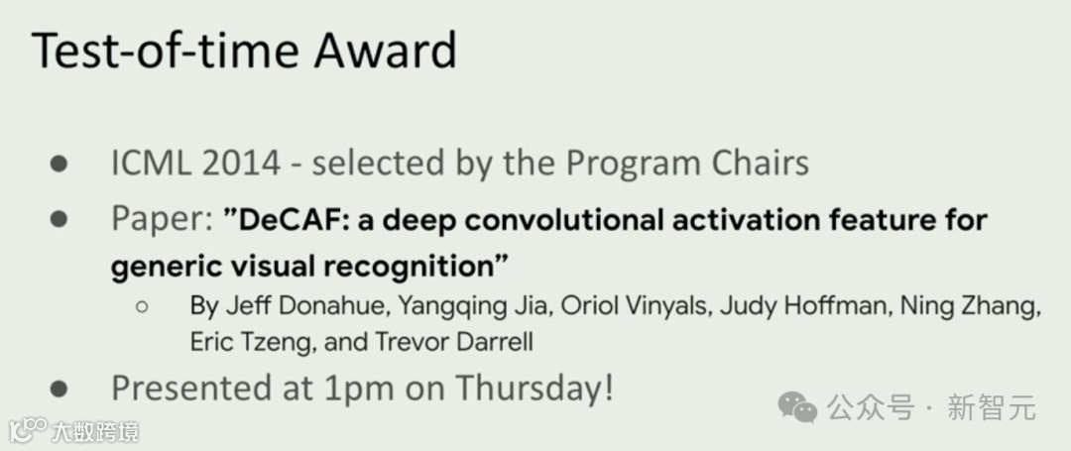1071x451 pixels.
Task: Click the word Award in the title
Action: coord(385,51)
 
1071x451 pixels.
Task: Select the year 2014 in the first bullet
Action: coord(241,164)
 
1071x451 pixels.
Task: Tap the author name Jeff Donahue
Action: coord(288,306)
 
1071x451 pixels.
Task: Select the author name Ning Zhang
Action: coord(970,307)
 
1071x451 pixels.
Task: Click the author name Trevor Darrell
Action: coord(453,341)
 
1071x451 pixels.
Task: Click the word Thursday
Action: coord(535,389)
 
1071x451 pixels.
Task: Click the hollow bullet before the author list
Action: coord(142,307)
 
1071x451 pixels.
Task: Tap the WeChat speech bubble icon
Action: coord(797,407)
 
